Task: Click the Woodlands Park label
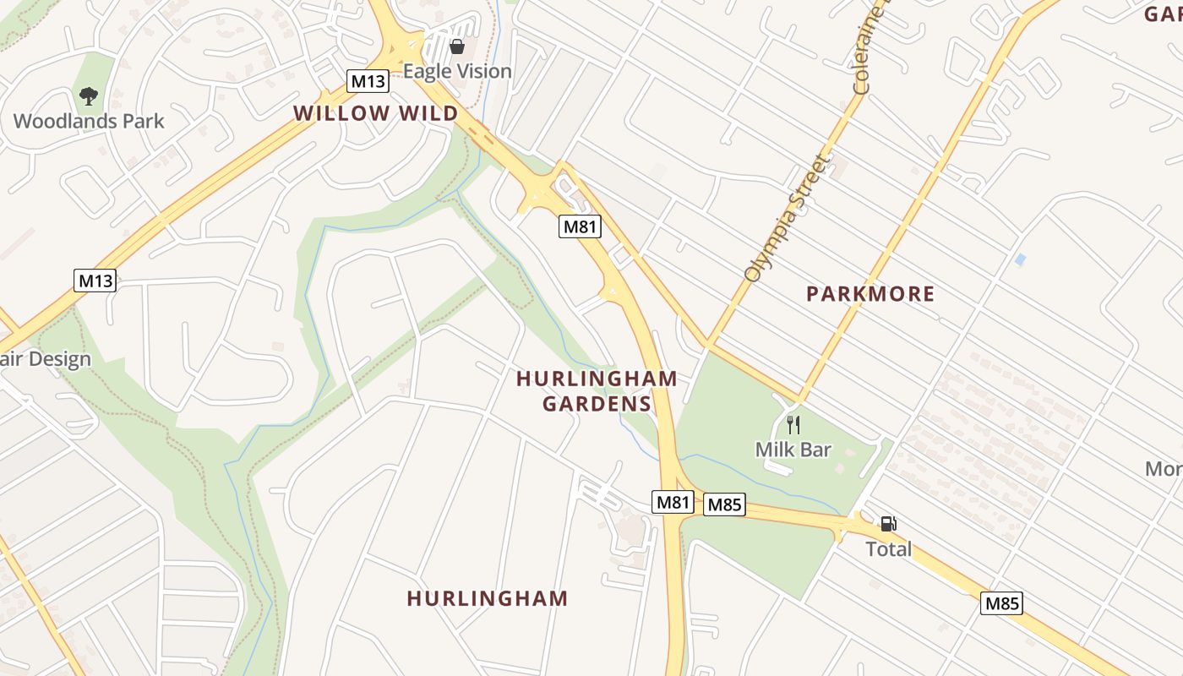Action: coord(89,121)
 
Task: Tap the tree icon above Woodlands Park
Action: coord(89,96)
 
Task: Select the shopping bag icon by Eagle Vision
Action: coord(457,46)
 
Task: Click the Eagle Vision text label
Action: coord(457,71)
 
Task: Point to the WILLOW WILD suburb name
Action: coord(375,113)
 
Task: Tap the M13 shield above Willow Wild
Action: coord(368,82)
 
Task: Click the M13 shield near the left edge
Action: coord(95,281)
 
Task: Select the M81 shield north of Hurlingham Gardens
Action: coord(581,226)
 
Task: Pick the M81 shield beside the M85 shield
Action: coord(673,502)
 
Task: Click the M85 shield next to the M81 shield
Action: coord(724,504)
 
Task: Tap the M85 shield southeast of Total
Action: coord(1002,603)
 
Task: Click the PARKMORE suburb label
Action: coord(870,294)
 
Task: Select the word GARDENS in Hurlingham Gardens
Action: coord(597,404)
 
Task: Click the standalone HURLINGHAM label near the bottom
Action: coord(488,598)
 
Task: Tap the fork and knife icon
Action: coord(793,424)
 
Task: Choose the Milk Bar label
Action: coord(793,450)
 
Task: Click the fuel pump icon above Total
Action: coord(888,524)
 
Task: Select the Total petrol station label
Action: coord(888,549)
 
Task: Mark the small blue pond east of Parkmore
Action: coord(1021,259)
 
